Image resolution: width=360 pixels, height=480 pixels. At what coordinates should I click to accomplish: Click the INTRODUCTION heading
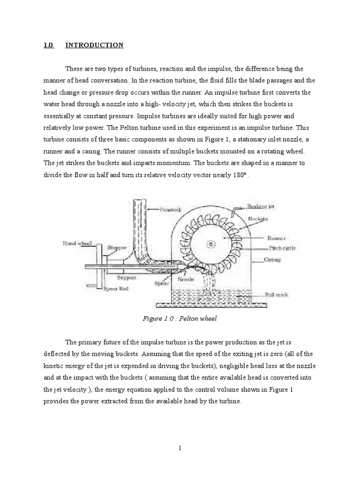[94, 45]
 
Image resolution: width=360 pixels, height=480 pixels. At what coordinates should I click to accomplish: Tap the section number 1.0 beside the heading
[49, 45]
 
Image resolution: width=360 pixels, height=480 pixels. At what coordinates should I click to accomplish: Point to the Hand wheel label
[76, 244]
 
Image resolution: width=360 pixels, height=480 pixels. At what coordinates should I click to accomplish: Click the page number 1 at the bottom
[180, 448]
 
